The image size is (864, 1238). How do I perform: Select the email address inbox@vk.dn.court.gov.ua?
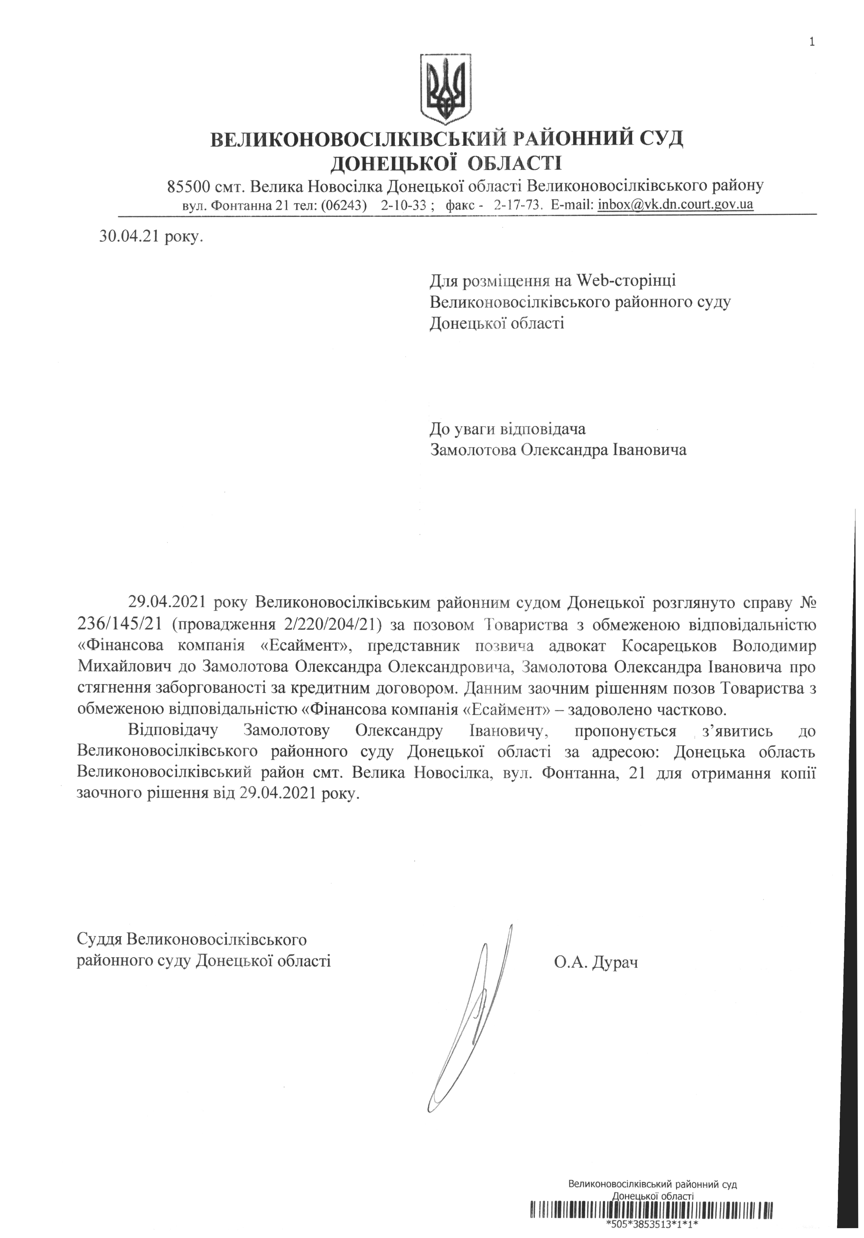tap(675, 205)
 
